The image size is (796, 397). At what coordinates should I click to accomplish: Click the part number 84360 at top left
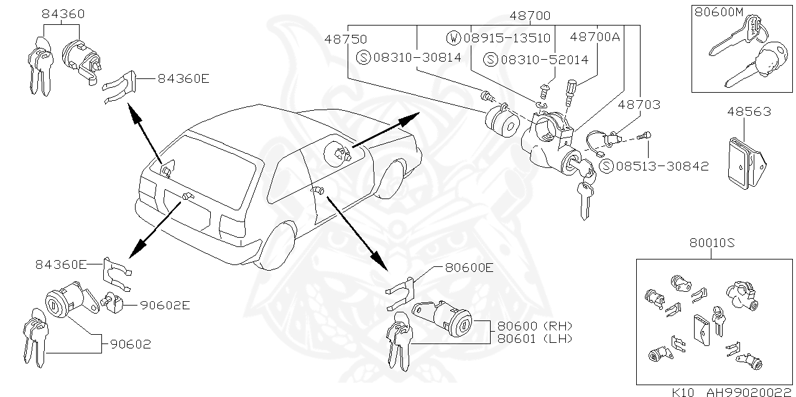pos(63,14)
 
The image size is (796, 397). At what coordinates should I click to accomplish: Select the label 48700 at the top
pos(530,16)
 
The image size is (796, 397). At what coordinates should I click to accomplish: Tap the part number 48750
pos(345,39)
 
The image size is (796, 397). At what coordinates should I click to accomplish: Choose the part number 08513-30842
pos(662,166)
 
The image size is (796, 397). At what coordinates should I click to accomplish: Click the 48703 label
pos(639,105)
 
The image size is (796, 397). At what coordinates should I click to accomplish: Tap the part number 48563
pos(749,112)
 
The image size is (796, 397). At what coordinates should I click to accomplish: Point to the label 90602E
pos(164,305)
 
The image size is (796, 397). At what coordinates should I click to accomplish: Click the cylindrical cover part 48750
pos(501,121)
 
